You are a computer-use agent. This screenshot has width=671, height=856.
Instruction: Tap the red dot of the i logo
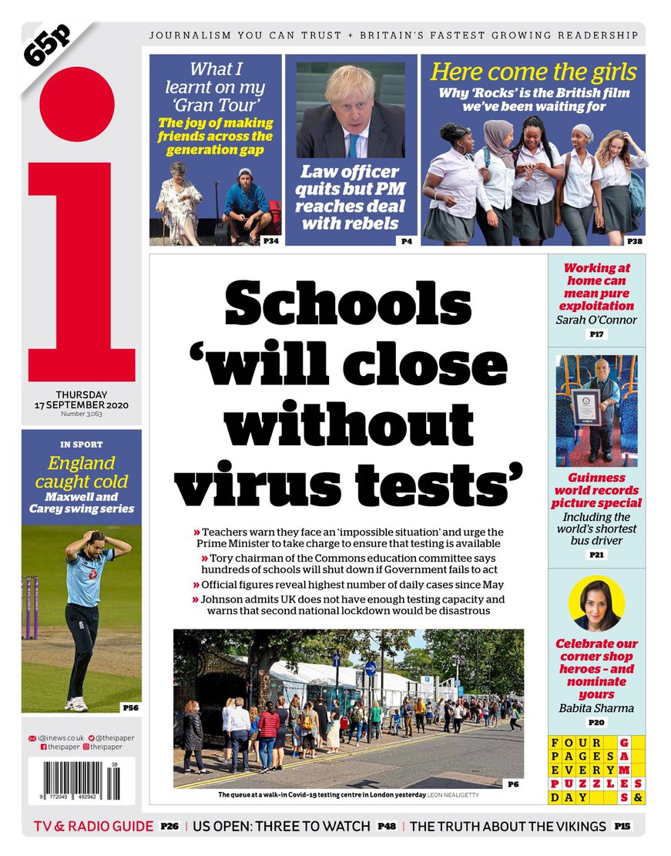(77, 104)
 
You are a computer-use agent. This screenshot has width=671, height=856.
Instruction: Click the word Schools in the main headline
(347, 303)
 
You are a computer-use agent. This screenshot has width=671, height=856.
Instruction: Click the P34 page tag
(270, 241)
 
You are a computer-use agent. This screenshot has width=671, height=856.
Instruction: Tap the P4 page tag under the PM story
(406, 241)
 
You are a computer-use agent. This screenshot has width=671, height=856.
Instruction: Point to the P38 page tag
(634, 241)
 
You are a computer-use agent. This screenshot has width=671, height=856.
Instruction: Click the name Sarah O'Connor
(596, 319)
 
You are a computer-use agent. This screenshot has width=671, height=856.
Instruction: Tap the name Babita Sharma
(596, 707)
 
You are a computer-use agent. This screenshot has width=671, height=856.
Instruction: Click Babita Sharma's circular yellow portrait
(596, 603)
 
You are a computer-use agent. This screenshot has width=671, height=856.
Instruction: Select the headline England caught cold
(82, 473)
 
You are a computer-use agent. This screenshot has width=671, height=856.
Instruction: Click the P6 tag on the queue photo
(513, 784)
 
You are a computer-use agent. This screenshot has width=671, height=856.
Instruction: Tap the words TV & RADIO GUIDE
(93, 826)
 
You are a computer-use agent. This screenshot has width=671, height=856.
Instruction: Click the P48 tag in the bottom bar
(387, 827)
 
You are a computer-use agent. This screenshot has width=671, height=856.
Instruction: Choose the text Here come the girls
(533, 72)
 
